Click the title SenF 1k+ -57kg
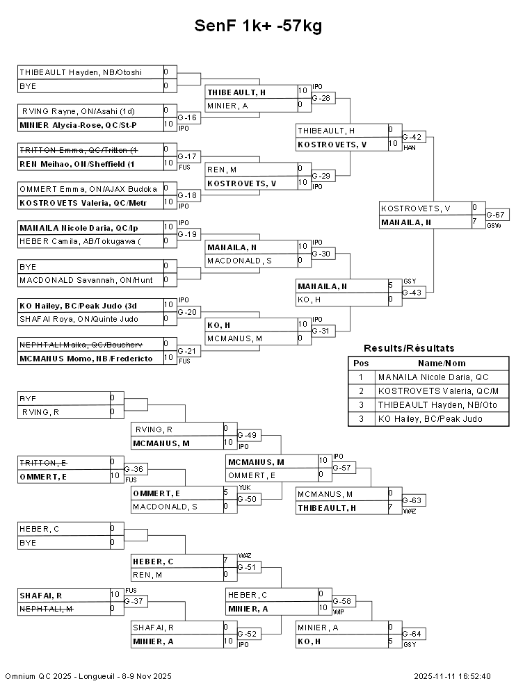pos(258,26)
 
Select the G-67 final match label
pos(495,215)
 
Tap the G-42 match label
pos(414,137)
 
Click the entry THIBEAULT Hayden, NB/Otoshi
pos(81,72)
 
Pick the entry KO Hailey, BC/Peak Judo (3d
pos(79,305)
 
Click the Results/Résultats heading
pos(409,348)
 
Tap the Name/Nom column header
pos(442,363)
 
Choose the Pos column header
pos(360,363)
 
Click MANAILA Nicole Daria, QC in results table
pos(433,377)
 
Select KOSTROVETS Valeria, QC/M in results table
pos(438,391)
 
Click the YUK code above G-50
pos(243,487)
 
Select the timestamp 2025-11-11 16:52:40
pos(452,676)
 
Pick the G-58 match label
pos(342,600)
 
